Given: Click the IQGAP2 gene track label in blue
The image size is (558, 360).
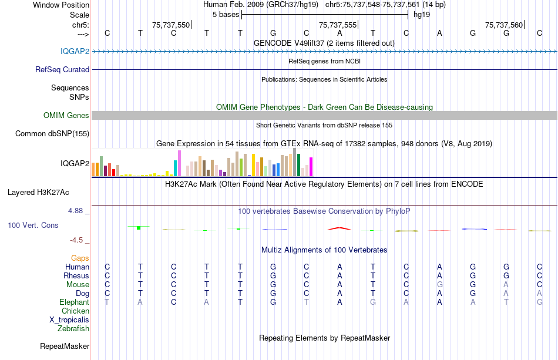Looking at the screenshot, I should (75, 51).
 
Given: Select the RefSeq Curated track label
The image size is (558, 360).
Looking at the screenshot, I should (62, 69).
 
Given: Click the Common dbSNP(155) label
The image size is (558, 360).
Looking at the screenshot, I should (52, 134).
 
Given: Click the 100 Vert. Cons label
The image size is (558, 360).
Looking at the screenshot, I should (33, 226).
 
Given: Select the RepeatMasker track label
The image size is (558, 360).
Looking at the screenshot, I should (65, 346).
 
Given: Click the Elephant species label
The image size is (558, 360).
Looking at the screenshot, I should (74, 302).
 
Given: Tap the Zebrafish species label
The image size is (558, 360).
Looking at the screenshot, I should (73, 329).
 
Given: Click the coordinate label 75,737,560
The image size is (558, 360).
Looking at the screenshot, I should (503, 25).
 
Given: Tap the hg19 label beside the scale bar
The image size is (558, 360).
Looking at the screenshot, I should (422, 15).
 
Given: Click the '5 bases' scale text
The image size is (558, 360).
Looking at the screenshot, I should (226, 15).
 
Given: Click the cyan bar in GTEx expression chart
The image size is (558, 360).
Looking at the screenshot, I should (175, 168).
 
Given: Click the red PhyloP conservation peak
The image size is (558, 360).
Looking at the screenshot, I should (339, 228).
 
